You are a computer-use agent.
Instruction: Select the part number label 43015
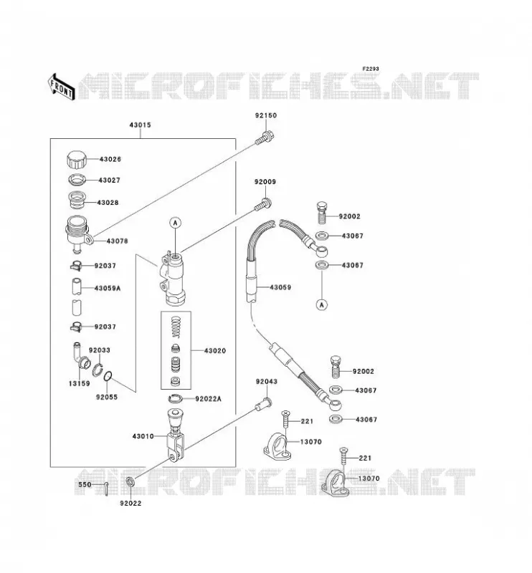tap(140, 125)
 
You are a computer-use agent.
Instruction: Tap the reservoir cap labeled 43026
tap(77, 160)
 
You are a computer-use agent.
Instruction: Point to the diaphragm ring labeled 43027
tap(77, 180)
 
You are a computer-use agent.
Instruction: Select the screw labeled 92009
tap(263, 204)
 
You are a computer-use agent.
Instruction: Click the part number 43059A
tap(108, 289)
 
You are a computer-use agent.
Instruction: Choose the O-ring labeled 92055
tap(108, 376)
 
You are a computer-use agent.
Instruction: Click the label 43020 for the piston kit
tap(215, 351)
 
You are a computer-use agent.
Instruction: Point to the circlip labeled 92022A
tap(178, 398)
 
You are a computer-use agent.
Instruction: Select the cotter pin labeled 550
tap(106, 488)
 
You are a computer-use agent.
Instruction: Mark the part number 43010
tap(143, 436)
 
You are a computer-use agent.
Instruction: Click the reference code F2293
tap(371, 69)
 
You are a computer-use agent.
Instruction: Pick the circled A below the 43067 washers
tap(322, 304)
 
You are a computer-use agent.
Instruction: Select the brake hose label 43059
tap(280, 288)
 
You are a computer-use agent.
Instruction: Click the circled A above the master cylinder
tap(176, 223)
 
